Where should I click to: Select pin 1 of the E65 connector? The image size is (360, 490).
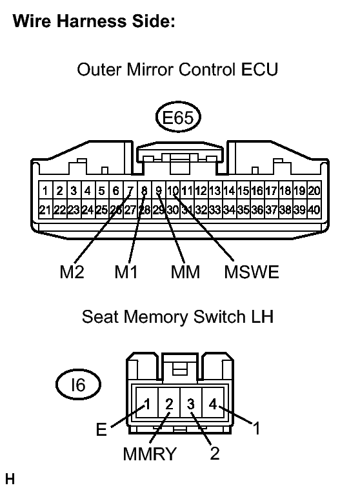coord(45,190)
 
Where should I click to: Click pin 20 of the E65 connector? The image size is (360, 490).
coord(314,190)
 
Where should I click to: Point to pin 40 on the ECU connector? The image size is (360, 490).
coord(314,210)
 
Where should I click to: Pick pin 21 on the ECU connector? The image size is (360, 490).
coord(45,210)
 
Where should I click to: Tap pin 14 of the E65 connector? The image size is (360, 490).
coord(229,190)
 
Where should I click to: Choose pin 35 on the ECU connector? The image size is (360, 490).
coord(243,210)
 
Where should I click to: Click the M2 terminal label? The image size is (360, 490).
coord(72,272)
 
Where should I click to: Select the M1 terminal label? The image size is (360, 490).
coord(126,272)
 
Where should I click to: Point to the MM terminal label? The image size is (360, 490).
coord(185,272)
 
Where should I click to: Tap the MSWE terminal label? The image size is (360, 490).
coord(252,272)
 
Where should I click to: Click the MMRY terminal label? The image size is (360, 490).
coord(150,454)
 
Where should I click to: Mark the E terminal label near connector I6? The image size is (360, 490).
coord(101,429)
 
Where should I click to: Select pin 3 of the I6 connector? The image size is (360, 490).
coord(191,404)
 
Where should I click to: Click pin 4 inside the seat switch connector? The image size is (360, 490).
coord(213,404)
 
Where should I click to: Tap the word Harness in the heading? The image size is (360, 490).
coord(92,21)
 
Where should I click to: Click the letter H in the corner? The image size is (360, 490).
coord(10,479)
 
